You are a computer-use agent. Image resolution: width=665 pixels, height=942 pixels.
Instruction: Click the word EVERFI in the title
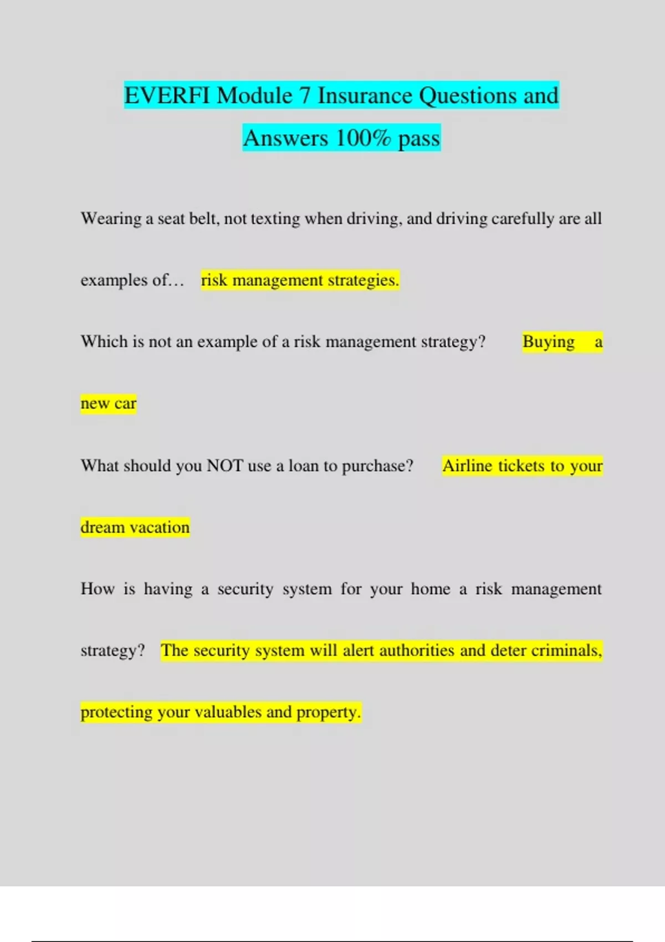click(167, 96)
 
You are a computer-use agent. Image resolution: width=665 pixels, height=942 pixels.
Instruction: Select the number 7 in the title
click(305, 96)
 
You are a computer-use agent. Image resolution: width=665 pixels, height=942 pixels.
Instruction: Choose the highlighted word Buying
click(549, 342)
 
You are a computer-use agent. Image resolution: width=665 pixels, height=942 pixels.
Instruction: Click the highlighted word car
click(125, 404)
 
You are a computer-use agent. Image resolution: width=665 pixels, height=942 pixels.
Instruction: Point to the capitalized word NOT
click(224, 465)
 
